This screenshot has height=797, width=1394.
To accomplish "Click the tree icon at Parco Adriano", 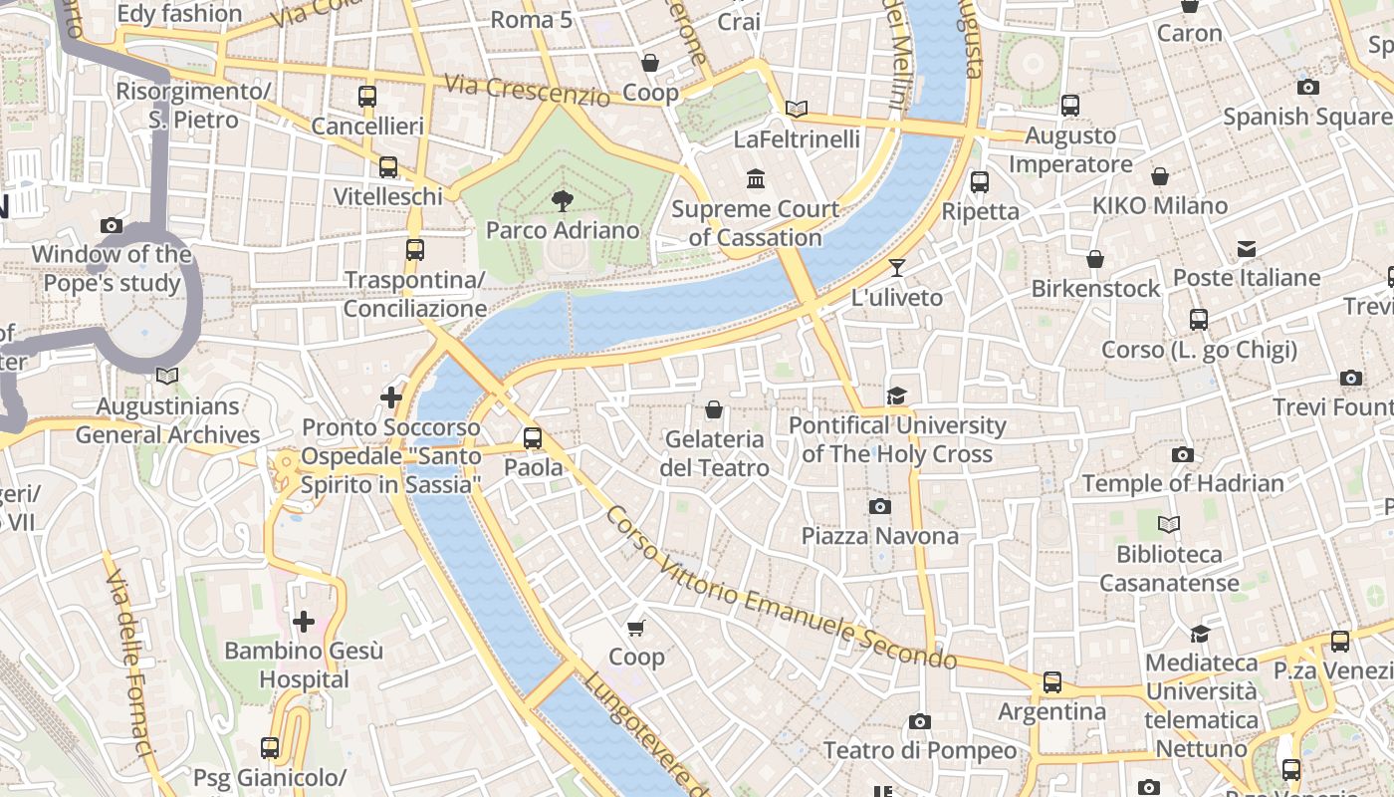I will [562, 201].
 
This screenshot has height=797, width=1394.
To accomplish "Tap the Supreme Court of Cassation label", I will [755, 223].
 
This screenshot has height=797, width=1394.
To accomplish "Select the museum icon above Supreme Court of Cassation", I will [756, 179].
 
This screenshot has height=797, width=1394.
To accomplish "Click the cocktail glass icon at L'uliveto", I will [897, 267].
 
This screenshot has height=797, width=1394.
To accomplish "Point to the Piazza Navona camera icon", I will [879, 506].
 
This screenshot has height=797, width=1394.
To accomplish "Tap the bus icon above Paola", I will [533, 437].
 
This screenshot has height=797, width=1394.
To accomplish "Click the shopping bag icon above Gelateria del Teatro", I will [713, 409].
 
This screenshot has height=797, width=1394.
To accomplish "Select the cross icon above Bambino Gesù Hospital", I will [303, 622].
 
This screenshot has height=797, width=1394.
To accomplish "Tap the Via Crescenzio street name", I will [527, 91].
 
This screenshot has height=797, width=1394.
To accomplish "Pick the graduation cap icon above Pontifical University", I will [897, 396].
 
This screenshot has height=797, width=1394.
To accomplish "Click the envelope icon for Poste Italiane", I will [1246, 248].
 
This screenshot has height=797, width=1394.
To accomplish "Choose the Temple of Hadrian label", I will [1183, 483].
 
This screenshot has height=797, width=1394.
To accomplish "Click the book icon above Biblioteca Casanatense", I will [1169, 524].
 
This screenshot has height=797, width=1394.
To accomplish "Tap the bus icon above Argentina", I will [1052, 682].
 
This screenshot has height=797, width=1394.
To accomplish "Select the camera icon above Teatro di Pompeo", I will [919, 720].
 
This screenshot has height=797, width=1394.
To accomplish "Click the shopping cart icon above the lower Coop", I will [636, 628].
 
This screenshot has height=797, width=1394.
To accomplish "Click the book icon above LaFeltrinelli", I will [796, 109].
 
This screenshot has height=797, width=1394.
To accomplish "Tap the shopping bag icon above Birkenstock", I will [1095, 259].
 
